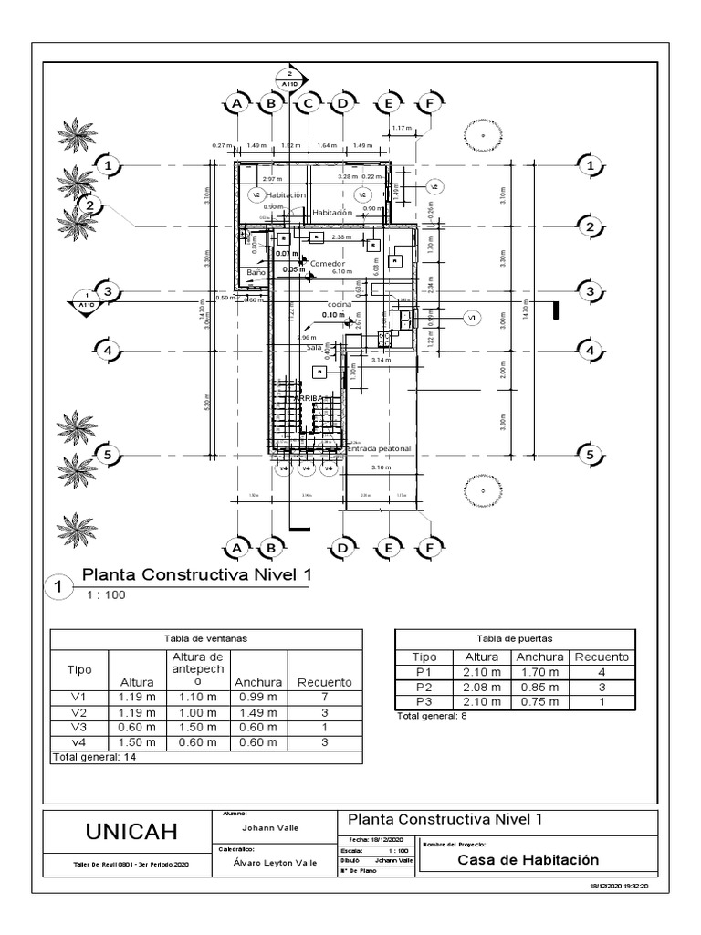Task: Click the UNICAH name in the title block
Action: (131, 832)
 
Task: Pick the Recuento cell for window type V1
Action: (325, 697)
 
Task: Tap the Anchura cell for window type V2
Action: (259, 712)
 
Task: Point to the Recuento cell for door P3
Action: (602, 701)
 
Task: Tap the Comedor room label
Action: (329, 263)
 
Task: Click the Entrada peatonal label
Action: (380, 449)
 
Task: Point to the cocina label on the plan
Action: (340, 305)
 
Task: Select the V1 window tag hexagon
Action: (472, 318)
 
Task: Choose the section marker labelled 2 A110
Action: (289, 79)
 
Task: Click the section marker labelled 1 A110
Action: (87, 299)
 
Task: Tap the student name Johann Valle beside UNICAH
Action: (270, 827)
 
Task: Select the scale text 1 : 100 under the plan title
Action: (105, 595)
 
